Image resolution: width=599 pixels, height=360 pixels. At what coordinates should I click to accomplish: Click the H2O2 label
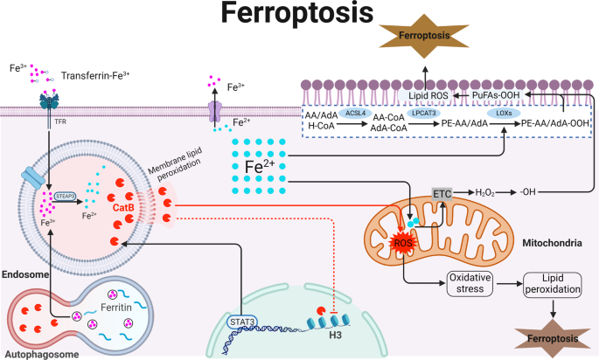click(x=487, y=190)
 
